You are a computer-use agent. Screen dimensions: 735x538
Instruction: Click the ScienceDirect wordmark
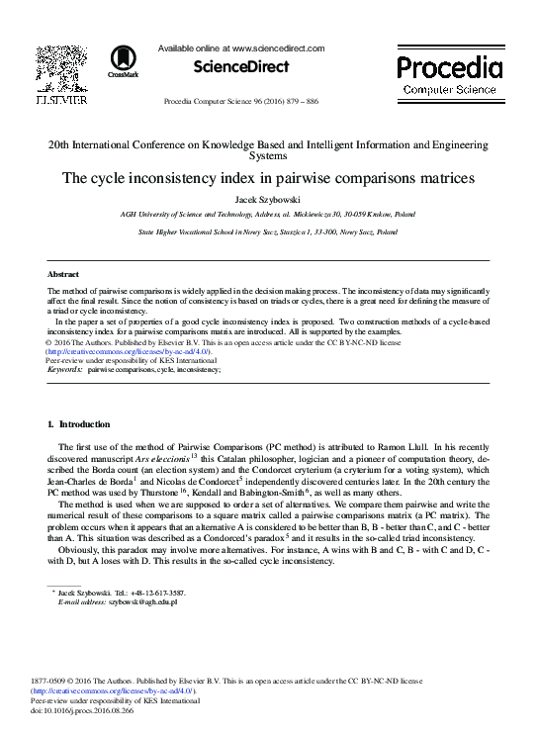(241, 67)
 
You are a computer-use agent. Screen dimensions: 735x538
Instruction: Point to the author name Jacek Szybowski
(268, 198)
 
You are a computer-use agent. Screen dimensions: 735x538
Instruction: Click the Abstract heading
(63, 274)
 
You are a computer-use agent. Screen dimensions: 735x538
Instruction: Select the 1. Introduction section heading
(79, 424)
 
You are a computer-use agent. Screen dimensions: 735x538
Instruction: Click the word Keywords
(65, 368)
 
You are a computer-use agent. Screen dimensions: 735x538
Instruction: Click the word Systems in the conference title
(268, 155)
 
